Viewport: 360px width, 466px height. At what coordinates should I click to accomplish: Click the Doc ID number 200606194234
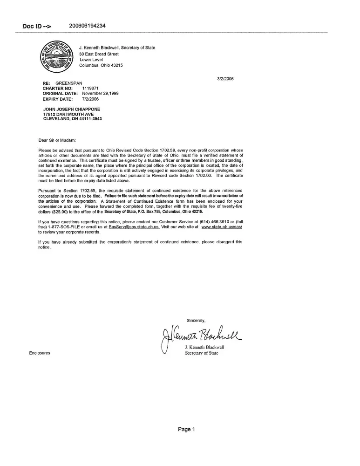(x=87, y=26)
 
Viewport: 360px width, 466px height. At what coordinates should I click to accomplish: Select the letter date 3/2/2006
(x=225, y=78)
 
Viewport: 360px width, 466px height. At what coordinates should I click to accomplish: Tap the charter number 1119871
(x=90, y=88)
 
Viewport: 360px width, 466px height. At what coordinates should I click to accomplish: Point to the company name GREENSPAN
(x=69, y=83)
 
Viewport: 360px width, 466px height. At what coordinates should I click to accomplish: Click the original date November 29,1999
(x=100, y=93)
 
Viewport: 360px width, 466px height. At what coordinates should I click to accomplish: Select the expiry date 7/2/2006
(x=90, y=99)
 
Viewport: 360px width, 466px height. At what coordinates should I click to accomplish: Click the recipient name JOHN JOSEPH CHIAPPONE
(x=71, y=109)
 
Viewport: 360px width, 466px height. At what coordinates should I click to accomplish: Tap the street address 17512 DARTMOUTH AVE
(x=68, y=114)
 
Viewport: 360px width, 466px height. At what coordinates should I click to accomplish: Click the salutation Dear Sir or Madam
(x=57, y=140)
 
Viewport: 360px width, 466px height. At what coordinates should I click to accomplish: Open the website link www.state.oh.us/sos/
(x=222, y=226)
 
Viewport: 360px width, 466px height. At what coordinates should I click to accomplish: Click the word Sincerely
(x=199, y=320)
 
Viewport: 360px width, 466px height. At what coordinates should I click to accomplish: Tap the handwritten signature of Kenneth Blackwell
(x=200, y=335)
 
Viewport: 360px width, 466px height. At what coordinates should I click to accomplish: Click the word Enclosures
(x=40, y=353)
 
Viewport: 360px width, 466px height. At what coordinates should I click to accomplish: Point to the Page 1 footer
(x=186, y=429)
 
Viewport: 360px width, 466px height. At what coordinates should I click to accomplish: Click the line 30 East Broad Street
(x=99, y=54)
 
